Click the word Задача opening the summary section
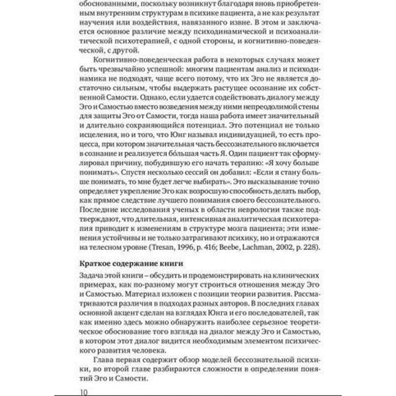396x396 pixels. [90, 274]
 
